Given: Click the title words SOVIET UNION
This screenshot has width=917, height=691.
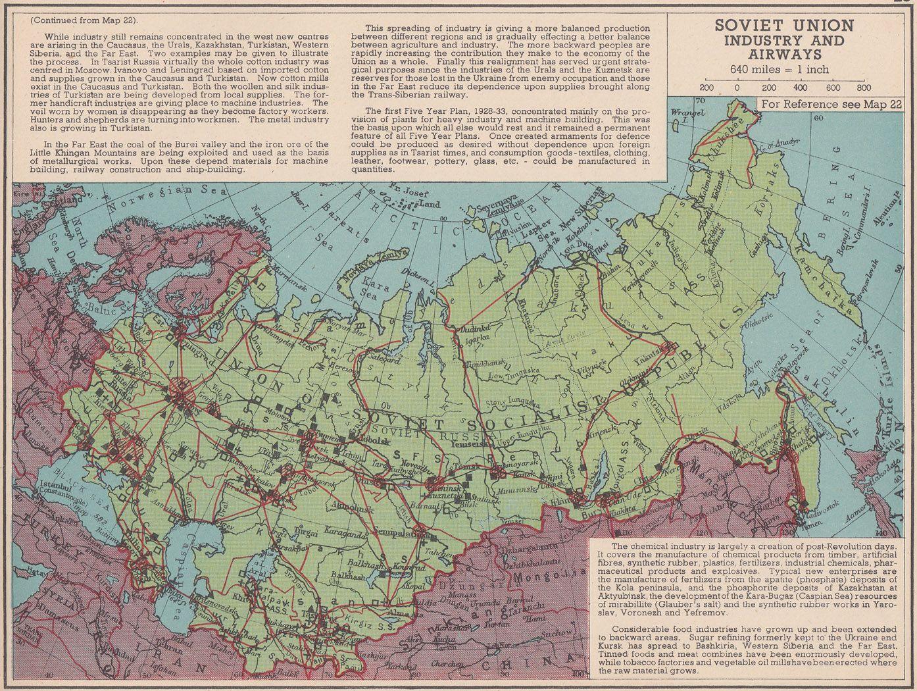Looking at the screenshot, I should click(784, 26).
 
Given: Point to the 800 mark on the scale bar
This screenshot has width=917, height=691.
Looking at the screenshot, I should click(864, 88).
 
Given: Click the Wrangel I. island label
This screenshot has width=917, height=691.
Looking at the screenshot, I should click(685, 116).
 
